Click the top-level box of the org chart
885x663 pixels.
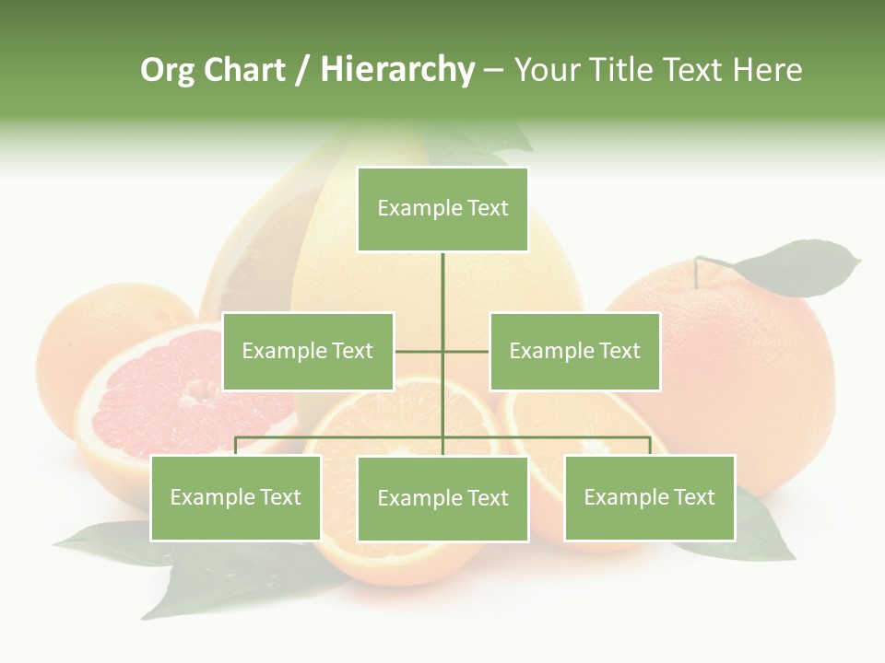click(442, 209)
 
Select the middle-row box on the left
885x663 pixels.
click(308, 351)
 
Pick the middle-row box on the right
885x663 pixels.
click(574, 351)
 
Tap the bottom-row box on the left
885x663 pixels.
click(236, 497)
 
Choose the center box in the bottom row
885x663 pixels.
click(442, 498)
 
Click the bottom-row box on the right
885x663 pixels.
click(650, 497)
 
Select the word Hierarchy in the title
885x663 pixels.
click(396, 70)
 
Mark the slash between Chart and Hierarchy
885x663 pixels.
click(302, 71)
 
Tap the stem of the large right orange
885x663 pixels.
click(698, 271)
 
